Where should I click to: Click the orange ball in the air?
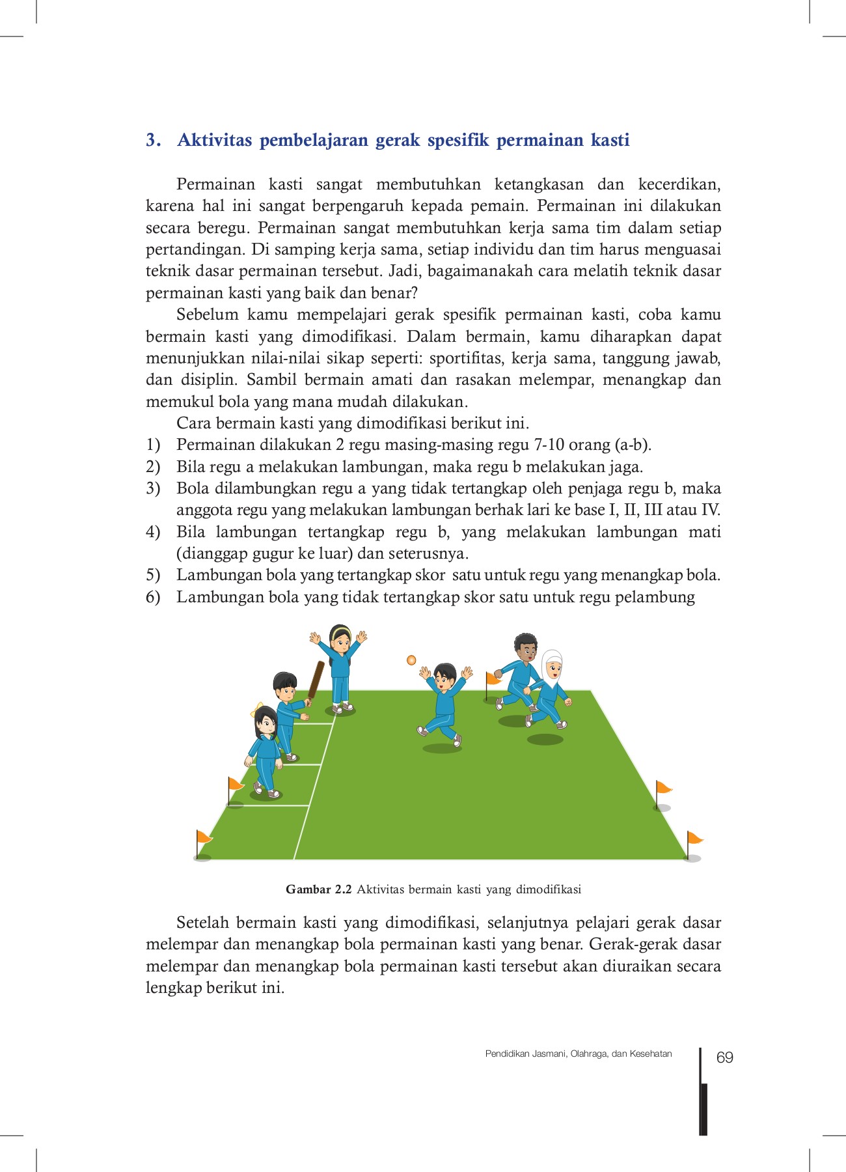[x=411, y=660]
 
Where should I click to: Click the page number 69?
[x=724, y=1057]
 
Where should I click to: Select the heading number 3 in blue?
[x=152, y=141]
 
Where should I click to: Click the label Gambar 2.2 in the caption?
[x=318, y=889]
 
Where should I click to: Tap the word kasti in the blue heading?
[x=610, y=141]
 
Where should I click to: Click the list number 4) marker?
[x=153, y=532]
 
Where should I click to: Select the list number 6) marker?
[x=153, y=597]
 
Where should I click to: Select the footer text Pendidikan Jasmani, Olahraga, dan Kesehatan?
[x=578, y=1053]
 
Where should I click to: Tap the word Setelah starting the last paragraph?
[x=203, y=923]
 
